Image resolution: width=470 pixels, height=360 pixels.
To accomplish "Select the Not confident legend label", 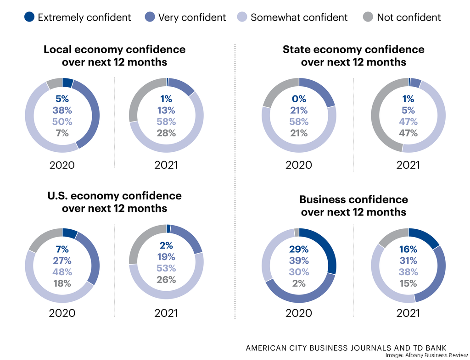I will click(x=408, y=17).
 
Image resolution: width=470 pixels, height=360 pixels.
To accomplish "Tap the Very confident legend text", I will click(x=192, y=17).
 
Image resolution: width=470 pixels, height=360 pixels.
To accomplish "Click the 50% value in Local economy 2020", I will click(x=62, y=122).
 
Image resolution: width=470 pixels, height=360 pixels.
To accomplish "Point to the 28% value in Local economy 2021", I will click(x=166, y=133).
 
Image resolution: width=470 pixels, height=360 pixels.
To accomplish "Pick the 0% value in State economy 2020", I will click(x=299, y=99).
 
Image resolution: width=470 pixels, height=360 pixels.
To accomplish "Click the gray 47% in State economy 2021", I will click(x=408, y=133).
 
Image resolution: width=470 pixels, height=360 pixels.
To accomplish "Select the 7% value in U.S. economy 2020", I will click(x=62, y=249).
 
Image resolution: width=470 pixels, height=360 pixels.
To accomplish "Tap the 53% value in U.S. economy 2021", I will click(x=166, y=268).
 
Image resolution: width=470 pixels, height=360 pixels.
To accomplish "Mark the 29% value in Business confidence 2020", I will click(x=299, y=249).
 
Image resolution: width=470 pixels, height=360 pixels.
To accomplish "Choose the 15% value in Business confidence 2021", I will click(x=408, y=283).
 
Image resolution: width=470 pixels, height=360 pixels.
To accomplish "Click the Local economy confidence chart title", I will click(x=114, y=55).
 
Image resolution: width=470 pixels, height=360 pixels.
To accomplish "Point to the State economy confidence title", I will click(x=353, y=55).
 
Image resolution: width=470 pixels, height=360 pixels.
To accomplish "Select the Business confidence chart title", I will click(x=353, y=205).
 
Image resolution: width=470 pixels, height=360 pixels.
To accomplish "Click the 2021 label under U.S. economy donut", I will click(x=166, y=313).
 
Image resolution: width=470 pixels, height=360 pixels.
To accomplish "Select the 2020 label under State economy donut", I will click(x=299, y=165).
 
